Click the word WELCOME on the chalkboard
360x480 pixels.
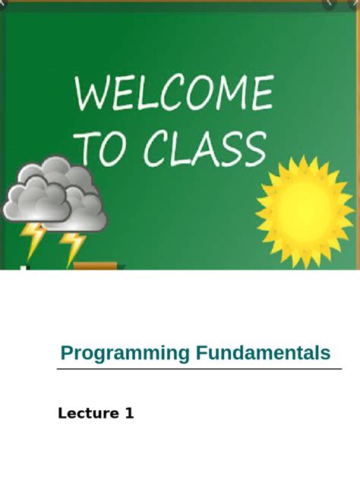(x=174, y=95)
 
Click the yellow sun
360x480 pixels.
(x=305, y=212)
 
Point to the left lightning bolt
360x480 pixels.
(x=33, y=239)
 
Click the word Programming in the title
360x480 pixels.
(x=125, y=353)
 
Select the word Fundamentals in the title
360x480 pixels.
(x=264, y=353)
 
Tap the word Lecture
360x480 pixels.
(x=88, y=414)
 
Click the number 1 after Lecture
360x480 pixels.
(x=130, y=414)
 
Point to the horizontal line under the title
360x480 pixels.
(x=199, y=370)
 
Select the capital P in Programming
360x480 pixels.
(x=67, y=353)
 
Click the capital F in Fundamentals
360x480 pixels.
(x=201, y=353)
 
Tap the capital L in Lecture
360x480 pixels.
(x=62, y=414)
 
